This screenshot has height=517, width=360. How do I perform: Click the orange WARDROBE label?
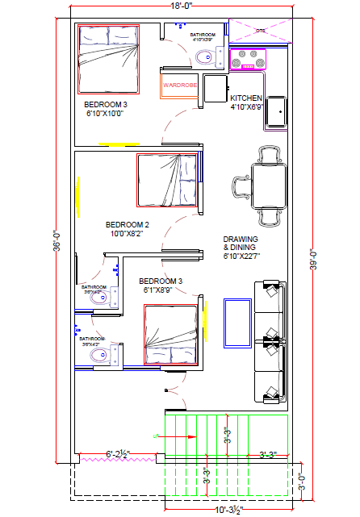(x=179, y=84)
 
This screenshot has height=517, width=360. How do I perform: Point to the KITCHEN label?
(x=246, y=98)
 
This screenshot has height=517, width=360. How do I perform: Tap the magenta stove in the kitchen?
(x=249, y=60)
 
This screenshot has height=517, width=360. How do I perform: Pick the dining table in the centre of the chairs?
(x=266, y=183)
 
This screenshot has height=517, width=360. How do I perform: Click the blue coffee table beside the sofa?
(x=237, y=323)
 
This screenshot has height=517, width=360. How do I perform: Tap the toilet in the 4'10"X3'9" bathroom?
(x=205, y=56)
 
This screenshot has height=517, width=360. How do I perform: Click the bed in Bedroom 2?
(x=167, y=181)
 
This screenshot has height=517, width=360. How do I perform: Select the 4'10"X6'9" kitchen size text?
(x=247, y=106)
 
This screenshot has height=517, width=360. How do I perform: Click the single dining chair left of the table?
(x=240, y=188)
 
